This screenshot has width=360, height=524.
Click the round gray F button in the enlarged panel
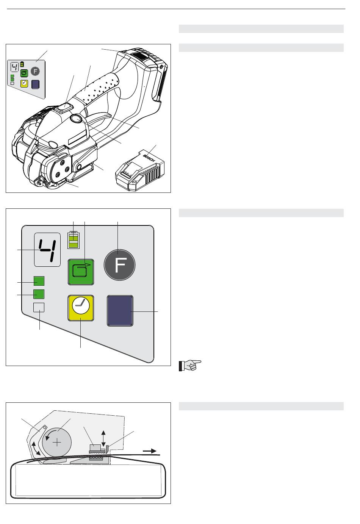point(119,265)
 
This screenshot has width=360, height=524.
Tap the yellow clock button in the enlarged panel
point(81,308)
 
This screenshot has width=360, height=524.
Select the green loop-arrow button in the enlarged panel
point(81,272)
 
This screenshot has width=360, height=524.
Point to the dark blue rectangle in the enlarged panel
point(120,311)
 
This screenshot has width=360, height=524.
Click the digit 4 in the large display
point(48,250)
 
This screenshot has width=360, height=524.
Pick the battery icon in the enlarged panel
point(74,240)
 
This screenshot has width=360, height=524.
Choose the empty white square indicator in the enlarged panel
point(39,307)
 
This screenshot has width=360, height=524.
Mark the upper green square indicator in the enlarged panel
point(39,281)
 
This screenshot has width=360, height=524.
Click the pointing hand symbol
point(190,365)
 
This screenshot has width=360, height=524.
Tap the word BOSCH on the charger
point(149,158)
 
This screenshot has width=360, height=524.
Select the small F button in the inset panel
point(35,71)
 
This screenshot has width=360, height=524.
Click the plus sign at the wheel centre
point(57,443)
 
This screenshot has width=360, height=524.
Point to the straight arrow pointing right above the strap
point(149,451)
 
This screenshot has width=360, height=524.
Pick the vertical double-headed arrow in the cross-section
point(103,438)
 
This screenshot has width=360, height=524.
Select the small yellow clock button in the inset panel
point(24,83)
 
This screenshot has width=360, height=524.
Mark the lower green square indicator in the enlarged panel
point(39,294)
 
